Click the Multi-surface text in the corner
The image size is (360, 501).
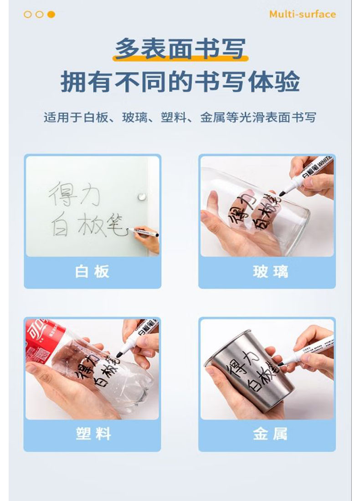point(302,14)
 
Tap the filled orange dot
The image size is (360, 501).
point(51,15)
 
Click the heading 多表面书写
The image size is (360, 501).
point(180,49)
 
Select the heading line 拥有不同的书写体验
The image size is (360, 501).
point(180,82)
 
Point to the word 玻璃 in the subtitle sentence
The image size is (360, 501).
point(135,117)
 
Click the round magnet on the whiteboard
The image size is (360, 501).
point(142,196)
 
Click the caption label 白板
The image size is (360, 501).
point(92,271)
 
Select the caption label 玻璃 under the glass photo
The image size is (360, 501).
point(271,271)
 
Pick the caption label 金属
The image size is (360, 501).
point(271,434)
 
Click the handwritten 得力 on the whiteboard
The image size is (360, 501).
point(74,194)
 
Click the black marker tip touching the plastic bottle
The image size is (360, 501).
point(119,355)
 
